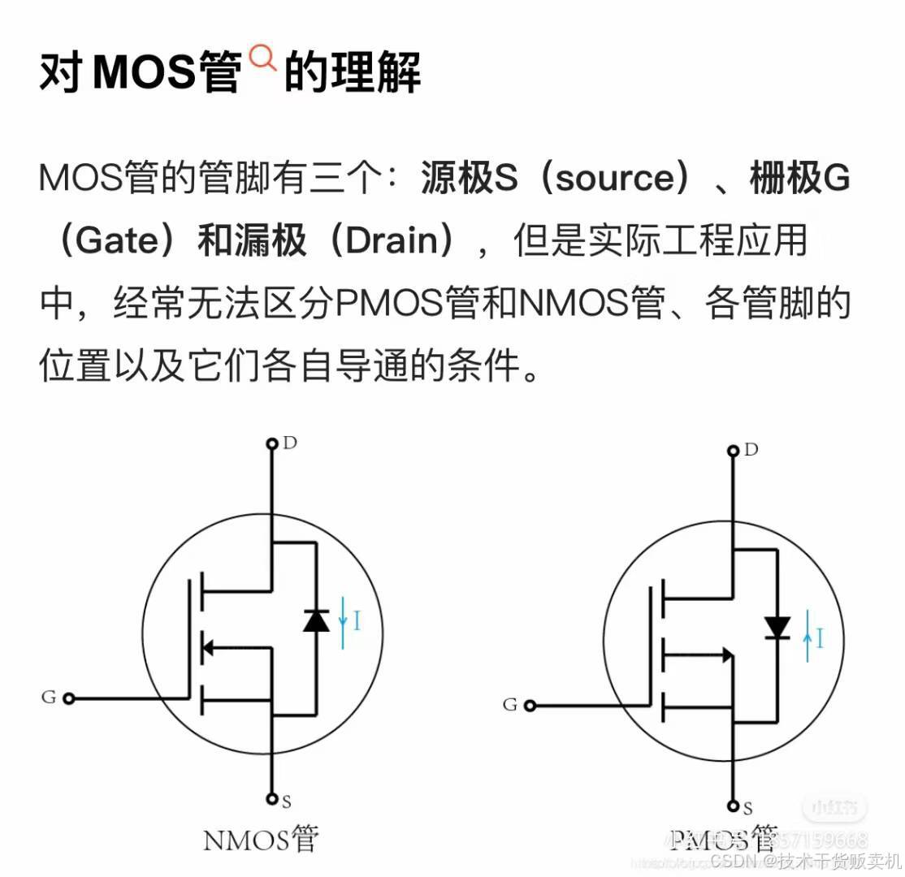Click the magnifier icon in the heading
262,59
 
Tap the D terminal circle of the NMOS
272,443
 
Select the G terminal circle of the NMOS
69,698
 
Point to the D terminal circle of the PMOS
733,450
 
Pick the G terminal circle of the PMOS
530,705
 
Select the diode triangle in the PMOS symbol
777,627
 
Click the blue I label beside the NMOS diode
357,623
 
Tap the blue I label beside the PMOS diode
819,639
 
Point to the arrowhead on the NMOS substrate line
207,647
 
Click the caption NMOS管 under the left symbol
260,839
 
